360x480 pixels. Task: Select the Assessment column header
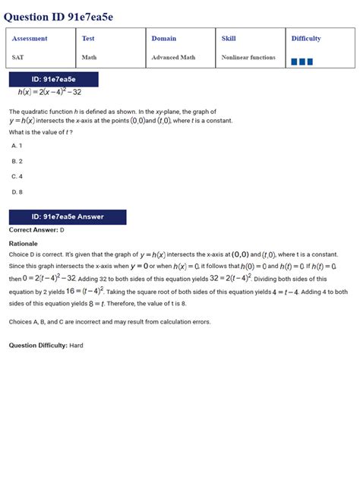point(30,39)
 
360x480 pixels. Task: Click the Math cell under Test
point(89,57)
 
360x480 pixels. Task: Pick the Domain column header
point(163,39)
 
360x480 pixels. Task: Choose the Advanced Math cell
point(173,57)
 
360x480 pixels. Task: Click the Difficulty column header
point(306,39)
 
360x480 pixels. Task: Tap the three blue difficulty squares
point(302,62)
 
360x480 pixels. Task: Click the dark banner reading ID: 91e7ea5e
point(53,79)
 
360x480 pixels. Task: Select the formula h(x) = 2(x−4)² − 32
point(50,92)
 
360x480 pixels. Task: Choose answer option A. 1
point(17,145)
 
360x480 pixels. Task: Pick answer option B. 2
point(17,161)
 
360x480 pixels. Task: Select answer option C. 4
point(17,176)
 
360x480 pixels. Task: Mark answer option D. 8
point(17,192)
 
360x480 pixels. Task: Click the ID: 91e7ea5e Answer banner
point(68,216)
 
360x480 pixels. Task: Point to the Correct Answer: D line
point(36,229)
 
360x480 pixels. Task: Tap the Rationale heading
point(23,244)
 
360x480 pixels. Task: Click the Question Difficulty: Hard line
point(46,346)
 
